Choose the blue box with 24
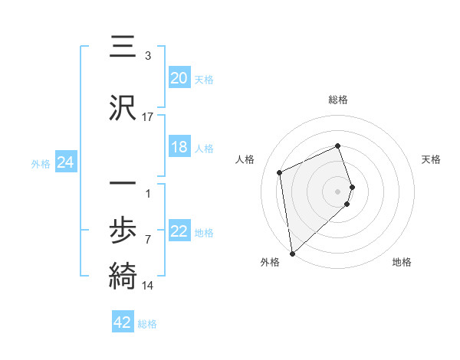pyautogui.click(x=66, y=162)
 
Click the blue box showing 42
pyautogui.click(x=123, y=323)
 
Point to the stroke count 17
pyautogui.click(x=148, y=117)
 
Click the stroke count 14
pyautogui.click(x=148, y=286)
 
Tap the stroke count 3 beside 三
pyautogui.click(x=147, y=56)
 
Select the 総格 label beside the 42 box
pyautogui.click(x=148, y=324)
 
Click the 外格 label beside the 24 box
pyautogui.click(x=41, y=163)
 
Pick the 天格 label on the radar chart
pyautogui.click(x=432, y=159)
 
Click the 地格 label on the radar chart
pyautogui.click(x=402, y=262)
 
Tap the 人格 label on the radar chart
pyautogui.click(x=245, y=159)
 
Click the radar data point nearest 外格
pyautogui.click(x=292, y=253)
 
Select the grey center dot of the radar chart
pyautogui.click(x=338, y=191)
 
